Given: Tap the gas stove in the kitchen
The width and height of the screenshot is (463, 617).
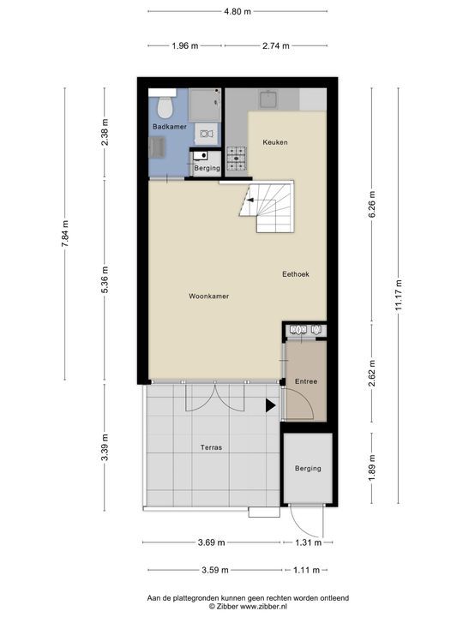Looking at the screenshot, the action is (x=237, y=159).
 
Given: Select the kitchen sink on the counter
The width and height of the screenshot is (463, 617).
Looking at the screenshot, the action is (x=269, y=99).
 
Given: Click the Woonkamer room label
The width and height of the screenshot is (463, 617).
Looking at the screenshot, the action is (x=208, y=297).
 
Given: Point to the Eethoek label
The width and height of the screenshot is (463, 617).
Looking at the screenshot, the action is (x=296, y=274).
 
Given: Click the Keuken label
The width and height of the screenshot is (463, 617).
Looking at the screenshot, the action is (x=275, y=142).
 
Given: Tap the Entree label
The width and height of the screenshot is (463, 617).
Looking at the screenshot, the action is (x=306, y=381).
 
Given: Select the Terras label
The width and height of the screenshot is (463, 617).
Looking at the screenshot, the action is (x=211, y=447).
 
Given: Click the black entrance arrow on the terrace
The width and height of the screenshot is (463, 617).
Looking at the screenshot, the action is (x=270, y=405).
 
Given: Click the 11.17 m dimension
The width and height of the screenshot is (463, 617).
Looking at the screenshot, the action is (x=399, y=295).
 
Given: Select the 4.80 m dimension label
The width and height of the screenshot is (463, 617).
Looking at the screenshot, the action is (x=238, y=11).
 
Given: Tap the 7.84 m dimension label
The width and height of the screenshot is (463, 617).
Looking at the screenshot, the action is (x=65, y=233).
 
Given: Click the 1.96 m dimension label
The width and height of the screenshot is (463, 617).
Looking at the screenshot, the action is (x=185, y=45).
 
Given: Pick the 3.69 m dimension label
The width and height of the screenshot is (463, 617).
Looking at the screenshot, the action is (x=211, y=542).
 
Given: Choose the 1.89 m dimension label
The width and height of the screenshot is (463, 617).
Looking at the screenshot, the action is (x=372, y=468).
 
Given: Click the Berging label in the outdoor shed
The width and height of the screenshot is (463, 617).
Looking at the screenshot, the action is (x=308, y=469).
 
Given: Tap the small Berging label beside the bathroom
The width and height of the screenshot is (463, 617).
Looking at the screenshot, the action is (x=207, y=169).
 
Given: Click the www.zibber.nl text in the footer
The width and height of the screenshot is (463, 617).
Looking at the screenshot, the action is (x=263, y=607).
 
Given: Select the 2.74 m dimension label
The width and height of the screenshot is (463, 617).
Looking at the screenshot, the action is (x=276, y=45).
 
